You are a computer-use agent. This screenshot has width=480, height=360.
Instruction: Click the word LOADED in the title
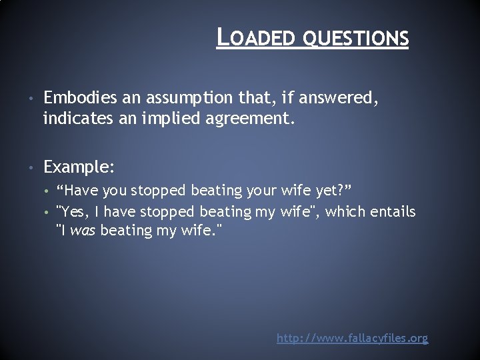coord(257,38)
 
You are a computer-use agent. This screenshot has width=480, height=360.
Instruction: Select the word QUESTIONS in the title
coord(355,39)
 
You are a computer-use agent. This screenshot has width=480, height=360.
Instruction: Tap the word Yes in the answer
coord(71,212)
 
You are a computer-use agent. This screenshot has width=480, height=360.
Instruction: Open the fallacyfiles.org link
coord(352,339)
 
